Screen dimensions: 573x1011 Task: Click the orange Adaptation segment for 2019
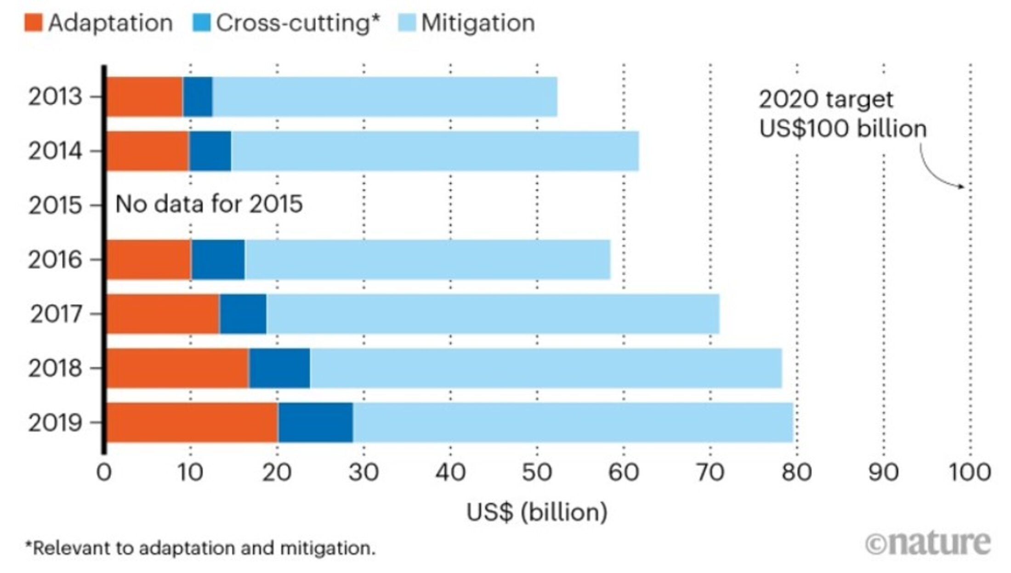tap(192, 422)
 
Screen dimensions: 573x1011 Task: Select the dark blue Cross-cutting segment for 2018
tap(279, 368)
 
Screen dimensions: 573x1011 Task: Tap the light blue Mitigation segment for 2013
tap(385, 96)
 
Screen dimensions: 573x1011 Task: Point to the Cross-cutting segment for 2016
tap(218, 260)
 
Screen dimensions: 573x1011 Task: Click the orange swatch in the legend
tap(33, 23)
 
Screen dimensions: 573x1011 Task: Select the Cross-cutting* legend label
tap(298, 23)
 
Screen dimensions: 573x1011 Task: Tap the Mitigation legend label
tap(478, 23)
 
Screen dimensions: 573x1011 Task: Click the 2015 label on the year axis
tap(56, 205)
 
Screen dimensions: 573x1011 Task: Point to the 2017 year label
tap(56, 314)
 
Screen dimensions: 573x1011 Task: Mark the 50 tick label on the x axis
tap(537, 472)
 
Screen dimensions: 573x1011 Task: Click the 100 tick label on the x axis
tap(970, 472)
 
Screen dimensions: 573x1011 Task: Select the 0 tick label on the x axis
tap(104, 472)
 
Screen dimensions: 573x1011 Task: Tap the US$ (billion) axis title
tap(537, 512)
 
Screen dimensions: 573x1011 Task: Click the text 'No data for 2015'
tap(209, 204)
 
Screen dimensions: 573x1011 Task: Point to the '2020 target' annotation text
tap(826, 99)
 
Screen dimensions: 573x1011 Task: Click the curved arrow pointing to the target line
tap(937, 172)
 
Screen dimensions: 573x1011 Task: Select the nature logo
tap(928, 544)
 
